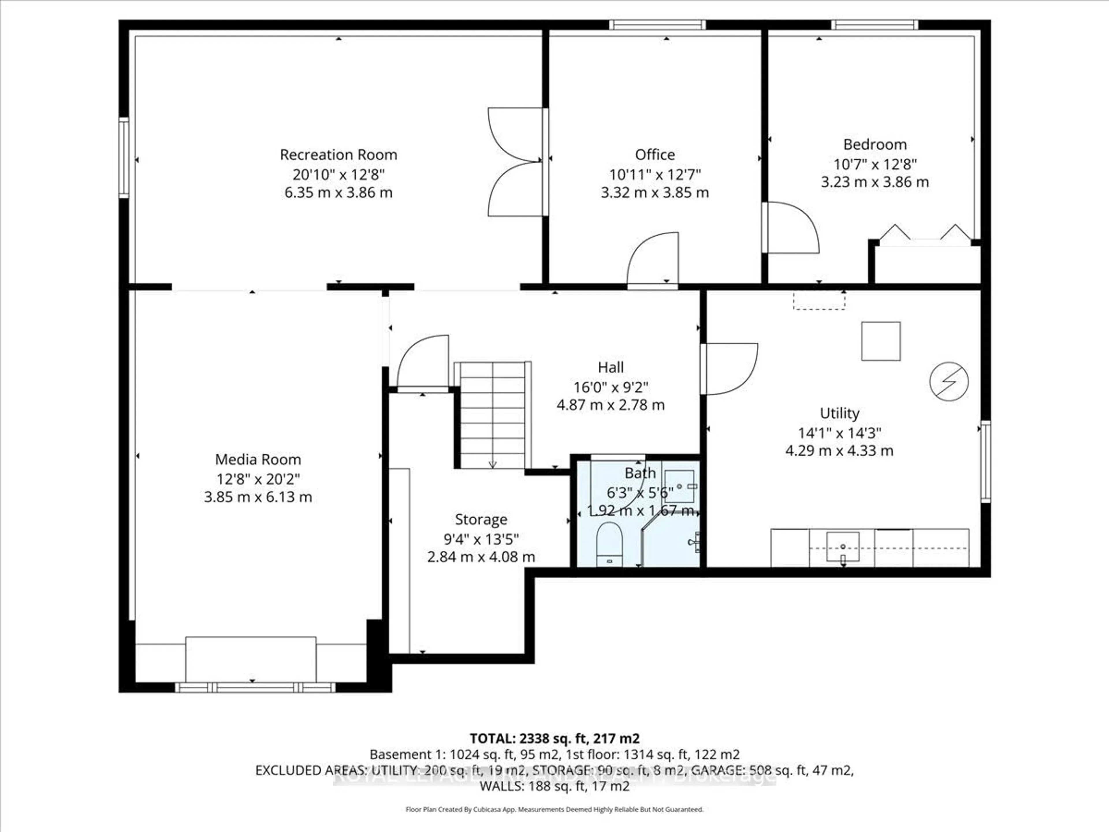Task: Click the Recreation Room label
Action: [338, 155]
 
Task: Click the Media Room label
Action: [258, 459]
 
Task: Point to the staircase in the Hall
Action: [492, 415]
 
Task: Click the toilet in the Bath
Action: [609, 544]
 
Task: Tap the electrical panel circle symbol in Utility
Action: [948, 382]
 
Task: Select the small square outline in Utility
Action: [881, 341]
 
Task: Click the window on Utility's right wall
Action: [985, 461]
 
